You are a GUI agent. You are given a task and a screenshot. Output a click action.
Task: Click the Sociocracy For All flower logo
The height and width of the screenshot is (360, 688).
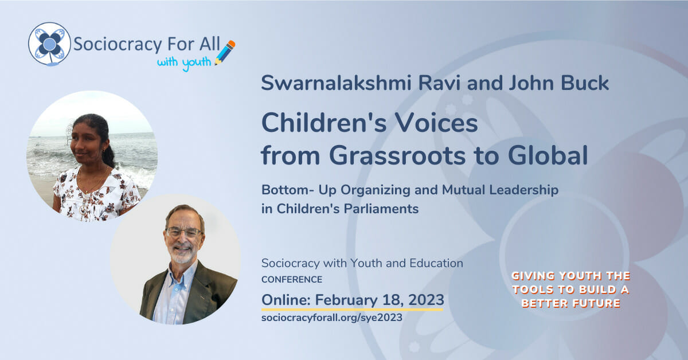[49, 44]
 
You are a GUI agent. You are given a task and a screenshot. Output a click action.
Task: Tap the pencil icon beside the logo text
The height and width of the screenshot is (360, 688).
[225, 53]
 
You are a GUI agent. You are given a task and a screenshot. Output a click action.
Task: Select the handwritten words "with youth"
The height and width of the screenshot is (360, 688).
[184, 63]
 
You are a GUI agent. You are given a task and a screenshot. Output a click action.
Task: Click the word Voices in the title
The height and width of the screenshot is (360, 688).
[436, 123]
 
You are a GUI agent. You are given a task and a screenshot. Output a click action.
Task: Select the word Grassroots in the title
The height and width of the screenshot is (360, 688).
[397, 155]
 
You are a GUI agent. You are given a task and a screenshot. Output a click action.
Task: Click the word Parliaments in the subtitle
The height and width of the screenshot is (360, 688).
[381, 209]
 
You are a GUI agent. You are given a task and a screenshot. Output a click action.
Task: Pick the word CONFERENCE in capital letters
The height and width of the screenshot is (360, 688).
[292, 280]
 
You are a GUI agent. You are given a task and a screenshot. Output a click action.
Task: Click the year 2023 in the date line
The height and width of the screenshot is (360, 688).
[427, 300]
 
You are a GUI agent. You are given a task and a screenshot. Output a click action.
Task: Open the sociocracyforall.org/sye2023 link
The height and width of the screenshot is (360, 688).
[332, 318]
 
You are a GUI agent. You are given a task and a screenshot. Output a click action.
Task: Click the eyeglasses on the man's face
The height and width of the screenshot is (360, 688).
[183, 233]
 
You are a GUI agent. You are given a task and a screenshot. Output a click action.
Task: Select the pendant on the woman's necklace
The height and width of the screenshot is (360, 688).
[83, 210]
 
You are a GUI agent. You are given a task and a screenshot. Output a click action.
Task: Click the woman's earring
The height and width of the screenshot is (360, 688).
[104, 151]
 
